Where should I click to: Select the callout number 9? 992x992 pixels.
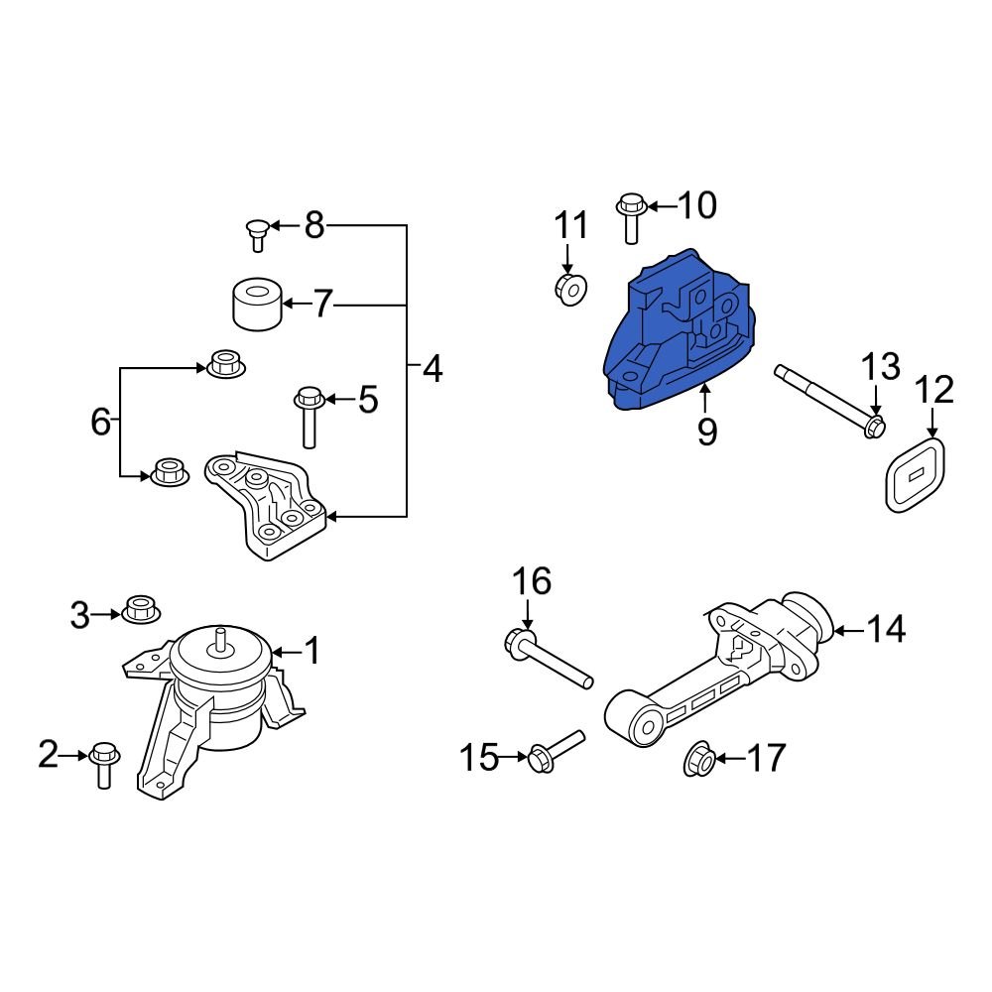[x=706, y=432]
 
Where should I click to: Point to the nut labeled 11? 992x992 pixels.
[x=569, y=289]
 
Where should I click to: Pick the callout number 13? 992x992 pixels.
[x=879, y=366]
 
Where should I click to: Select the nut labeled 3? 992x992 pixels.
[x=141, y=608]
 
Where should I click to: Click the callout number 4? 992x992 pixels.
[x=432, y=370]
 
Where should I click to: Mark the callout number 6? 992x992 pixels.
[x=100, y=422]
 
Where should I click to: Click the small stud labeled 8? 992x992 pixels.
[x=257, y=234]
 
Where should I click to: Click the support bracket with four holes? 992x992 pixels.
[x=263, y=506]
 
